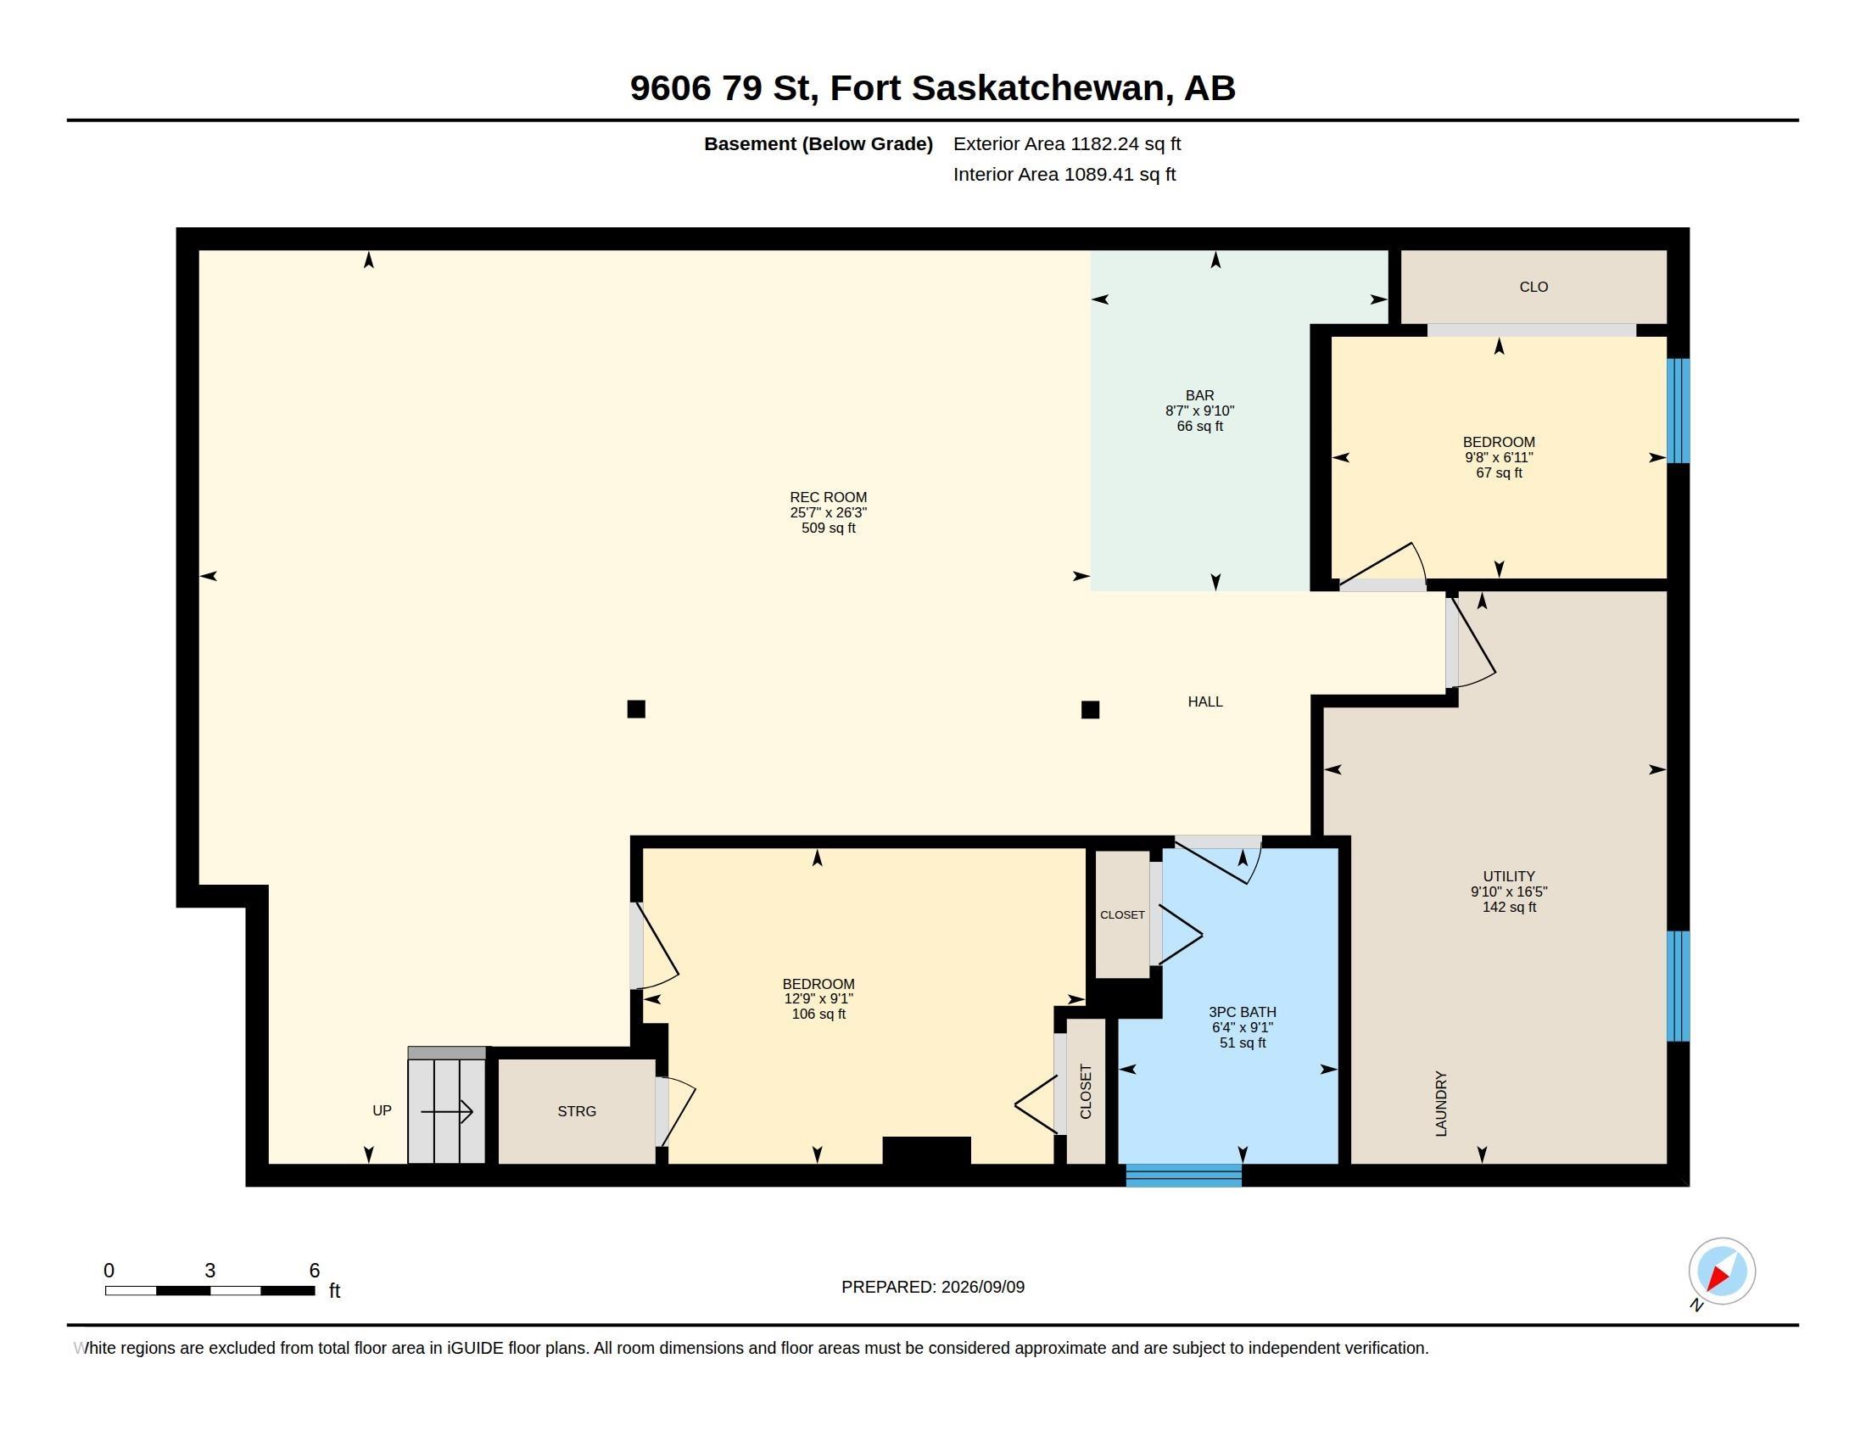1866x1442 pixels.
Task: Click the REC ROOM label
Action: pos(828,497)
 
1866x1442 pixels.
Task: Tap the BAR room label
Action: pos(1199,395)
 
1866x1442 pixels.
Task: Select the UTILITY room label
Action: pos(1509,876)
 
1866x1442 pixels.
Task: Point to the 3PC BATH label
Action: pos(1243,1012)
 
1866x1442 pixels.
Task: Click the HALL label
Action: pos(1204,701)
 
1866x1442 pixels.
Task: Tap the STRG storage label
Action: pos(577,1111)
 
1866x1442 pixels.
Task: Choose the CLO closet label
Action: pos(1534,287)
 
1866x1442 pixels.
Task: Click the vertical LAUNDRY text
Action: pos(1441,1104)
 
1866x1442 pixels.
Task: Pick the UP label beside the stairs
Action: pos(382,1110)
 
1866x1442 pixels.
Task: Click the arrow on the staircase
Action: pos(447,1111)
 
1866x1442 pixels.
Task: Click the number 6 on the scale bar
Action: pos(315,1271)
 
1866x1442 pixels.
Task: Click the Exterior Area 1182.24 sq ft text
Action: pos(1067,143)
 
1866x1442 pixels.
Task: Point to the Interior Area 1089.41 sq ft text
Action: pos(1064,174)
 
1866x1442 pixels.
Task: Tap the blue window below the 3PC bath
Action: pos(1183,1176)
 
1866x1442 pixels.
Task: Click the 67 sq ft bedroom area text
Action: pos(1499,473)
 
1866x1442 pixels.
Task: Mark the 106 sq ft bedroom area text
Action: pos(818,1014)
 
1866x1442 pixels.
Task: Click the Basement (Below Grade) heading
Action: pos(818,143)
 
